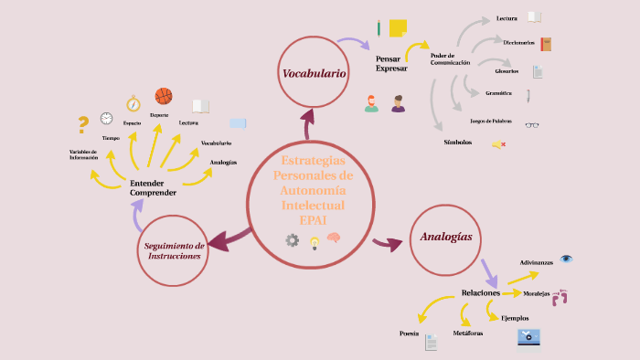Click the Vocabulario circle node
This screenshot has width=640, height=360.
coord(314,72)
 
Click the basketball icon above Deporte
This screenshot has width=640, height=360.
coord(164,96)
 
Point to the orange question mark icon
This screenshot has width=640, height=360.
coord(83,124)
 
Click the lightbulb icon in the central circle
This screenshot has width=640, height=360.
coord(315,242)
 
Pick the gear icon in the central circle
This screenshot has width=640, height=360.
coord(293,240)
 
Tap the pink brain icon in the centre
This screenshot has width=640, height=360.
coord(335,238)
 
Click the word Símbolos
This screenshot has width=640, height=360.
coord(458,143)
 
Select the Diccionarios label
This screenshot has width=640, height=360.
coord(518,42)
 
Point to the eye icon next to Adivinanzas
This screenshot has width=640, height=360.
coord(567,259)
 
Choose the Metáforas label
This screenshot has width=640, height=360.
coord(467,334)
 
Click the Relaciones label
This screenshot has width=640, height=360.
coord(480,293)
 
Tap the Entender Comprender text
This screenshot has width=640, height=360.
coord(153,188)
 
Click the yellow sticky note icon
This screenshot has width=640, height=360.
coord(398,27)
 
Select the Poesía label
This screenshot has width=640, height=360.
coord(409,334)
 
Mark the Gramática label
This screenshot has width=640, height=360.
coord(498,92)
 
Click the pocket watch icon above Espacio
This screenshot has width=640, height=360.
coord(133,103)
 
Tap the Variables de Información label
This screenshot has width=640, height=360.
coord(83,154)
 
